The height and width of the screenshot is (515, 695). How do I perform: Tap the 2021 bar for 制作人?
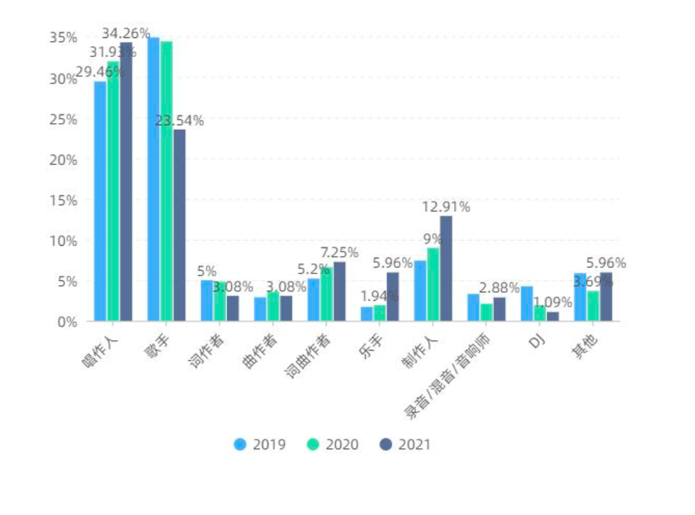[x=446, y=269]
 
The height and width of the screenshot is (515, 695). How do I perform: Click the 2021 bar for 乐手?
[x=393, y=297]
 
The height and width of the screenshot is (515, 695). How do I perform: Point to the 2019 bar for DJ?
[x=527, y=303]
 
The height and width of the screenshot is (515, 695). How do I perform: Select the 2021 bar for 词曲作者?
[x=339, y=292]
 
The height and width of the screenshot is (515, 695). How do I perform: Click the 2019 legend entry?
[x=260, y=444]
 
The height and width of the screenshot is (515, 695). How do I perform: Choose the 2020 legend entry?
[x=333, y=444]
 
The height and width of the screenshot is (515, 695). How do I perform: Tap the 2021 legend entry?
[x=406, y=444]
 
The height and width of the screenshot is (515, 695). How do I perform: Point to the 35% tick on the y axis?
[x=63, y=38]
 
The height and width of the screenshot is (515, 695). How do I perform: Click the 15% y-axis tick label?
[x=63, y=200]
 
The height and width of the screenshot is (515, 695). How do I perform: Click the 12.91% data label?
[x=446, y=208]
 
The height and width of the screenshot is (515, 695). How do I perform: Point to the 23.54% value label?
[x=179, y=121]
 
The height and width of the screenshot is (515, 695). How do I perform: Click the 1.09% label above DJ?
[x=552, y=303]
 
